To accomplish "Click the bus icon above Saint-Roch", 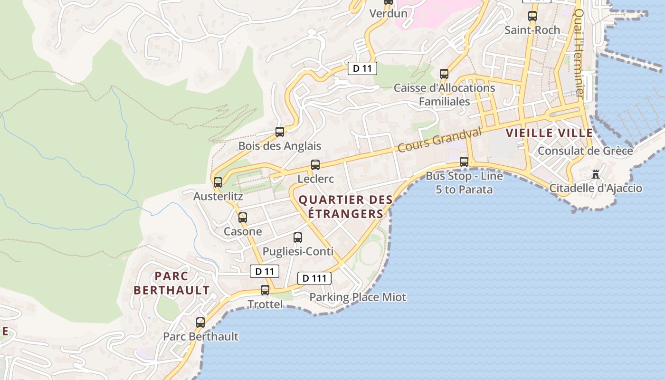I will click(532, 16).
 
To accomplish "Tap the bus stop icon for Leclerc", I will click(315, 165).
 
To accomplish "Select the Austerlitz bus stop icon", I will click(218, 182).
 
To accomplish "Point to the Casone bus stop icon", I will click(243, 218).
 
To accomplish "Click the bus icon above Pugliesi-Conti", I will click(298, 237).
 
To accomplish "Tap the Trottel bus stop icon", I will click(265, 290).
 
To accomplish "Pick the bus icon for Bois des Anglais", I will click(280, 132).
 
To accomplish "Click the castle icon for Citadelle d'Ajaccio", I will click(596, 174).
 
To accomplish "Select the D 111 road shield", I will click(314, 278).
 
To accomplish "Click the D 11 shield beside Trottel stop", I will click(265, 272).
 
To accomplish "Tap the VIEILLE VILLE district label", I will click(549, 133).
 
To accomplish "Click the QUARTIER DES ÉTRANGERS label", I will click(345, 207).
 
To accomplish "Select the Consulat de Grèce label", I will click(585, 151).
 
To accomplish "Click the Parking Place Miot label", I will click(358, 297).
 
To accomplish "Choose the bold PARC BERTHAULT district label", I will click(171, 283).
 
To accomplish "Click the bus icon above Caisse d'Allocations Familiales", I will click(444, 74).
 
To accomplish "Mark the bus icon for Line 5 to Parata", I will click(464, 162).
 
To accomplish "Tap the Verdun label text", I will click(389, 13).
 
